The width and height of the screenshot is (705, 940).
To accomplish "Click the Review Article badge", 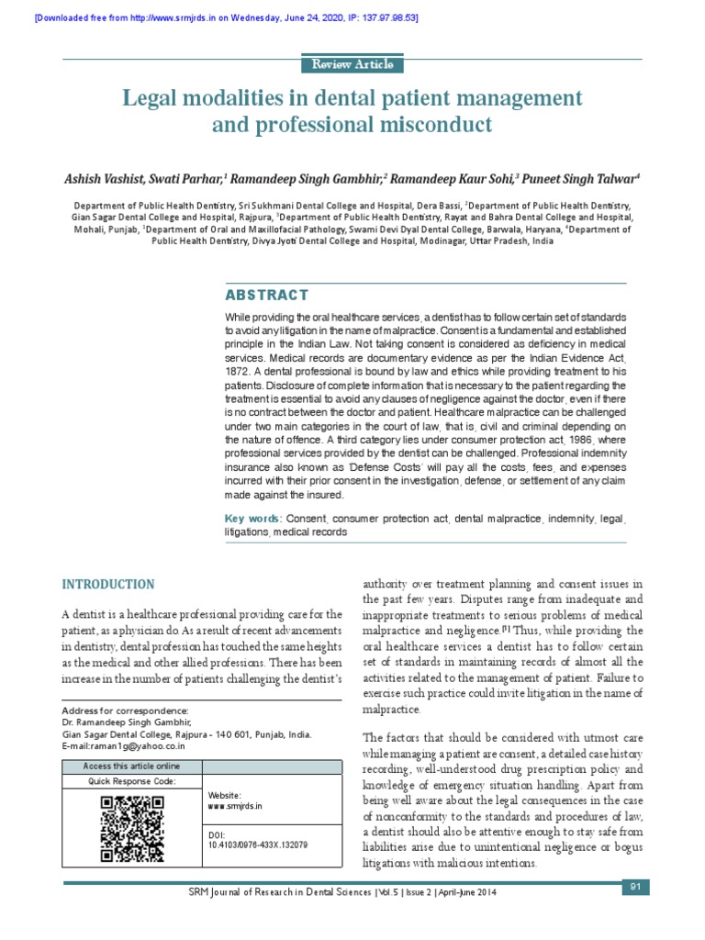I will [352, 64].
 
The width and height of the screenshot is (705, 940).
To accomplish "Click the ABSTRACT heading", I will [267, 295].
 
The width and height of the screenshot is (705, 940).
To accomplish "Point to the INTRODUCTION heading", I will [108, 584].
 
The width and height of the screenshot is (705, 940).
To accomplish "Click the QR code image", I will [131, 829].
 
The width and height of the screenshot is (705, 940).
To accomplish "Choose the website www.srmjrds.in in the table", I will [235, 805].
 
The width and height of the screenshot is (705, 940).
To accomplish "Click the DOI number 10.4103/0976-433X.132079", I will [258, 844].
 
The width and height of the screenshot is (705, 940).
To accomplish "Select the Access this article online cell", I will [131, 767].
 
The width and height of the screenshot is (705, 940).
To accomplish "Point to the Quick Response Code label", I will [131, 781].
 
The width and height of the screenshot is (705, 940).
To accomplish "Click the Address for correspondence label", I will [125, 711].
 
